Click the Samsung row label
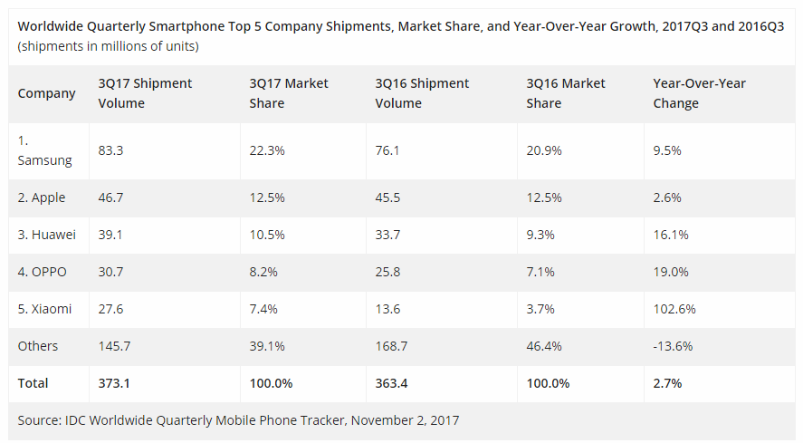[44, 150]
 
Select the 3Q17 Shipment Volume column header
[145, 92]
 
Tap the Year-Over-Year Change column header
[699, 92]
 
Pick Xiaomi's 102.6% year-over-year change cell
[674, 309]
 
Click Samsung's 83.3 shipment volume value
[110, 150]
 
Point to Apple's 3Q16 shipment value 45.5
[387, 197]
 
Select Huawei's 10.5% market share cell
[267, 235]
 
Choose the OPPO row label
[42, 272]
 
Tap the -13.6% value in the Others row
[673, 346]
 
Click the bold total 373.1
[113, 383]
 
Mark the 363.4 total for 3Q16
[392, 383]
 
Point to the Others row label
[38, 346]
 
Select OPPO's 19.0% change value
[671, 272]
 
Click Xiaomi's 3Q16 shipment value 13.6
[387, 309]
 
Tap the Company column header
[47, 92]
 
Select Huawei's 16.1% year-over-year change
[670, 235]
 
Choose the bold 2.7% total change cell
[667, 383]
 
